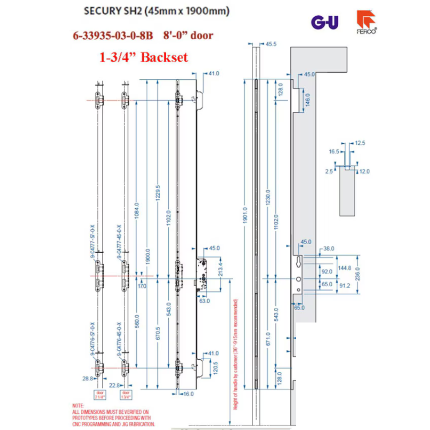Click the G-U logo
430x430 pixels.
tap(324, 22)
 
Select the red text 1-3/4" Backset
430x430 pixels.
tap(143, 57)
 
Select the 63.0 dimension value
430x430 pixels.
tap(204, 301)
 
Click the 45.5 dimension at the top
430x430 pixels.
tap(271, 44)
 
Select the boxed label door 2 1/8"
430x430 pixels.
tap(99, 395)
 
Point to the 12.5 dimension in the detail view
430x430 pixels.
tap(360, 142)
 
